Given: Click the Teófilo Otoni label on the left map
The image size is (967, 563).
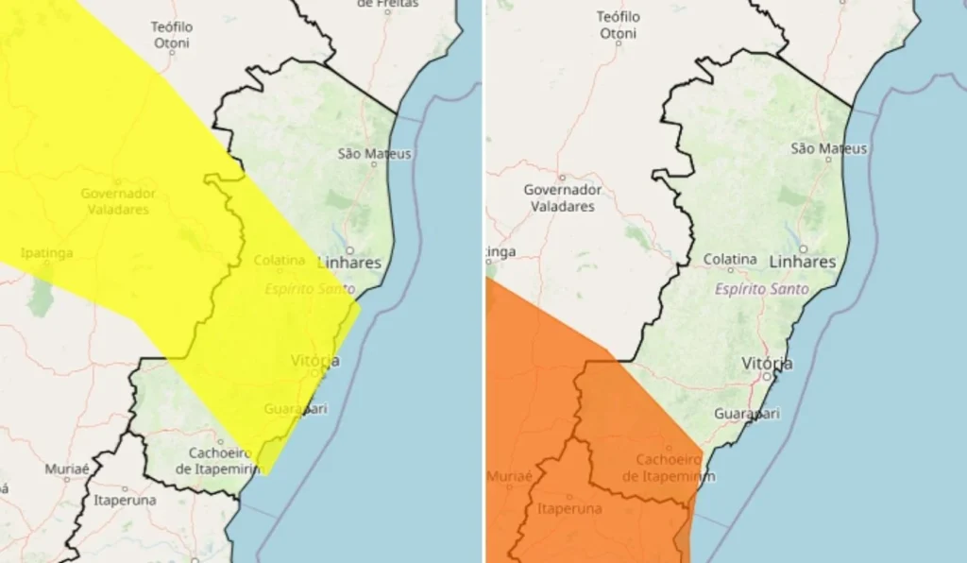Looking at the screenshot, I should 172,34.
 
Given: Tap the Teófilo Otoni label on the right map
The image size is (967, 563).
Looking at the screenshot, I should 619,26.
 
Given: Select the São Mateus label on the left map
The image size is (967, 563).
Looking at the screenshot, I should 375,153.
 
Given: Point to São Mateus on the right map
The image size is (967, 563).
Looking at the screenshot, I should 828,148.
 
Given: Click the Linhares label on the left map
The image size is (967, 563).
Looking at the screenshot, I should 349,263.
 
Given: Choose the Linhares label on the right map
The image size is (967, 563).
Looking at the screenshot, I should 803,261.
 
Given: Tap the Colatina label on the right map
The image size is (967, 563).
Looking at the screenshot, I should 730,259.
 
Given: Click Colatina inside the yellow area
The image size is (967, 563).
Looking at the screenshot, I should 279,260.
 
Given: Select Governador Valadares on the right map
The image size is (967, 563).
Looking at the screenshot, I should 562,197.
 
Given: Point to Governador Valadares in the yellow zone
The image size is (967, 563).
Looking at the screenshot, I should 117,201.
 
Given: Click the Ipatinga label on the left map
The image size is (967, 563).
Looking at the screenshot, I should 45,253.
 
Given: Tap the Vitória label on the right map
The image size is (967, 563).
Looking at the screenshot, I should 767,364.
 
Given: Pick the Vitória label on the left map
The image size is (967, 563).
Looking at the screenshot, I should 315,361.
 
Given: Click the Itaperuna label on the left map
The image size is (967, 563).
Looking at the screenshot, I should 125,500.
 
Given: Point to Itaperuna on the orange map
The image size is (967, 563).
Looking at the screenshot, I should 568,509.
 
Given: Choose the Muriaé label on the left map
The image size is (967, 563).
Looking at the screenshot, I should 67,469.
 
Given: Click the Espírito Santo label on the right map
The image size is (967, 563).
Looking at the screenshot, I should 761,289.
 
